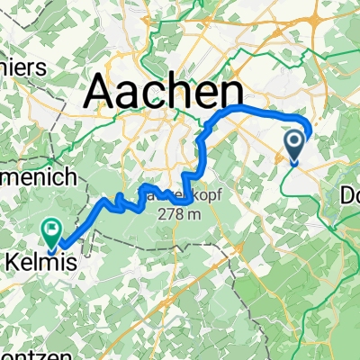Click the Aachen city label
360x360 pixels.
[x=164, y=92]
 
